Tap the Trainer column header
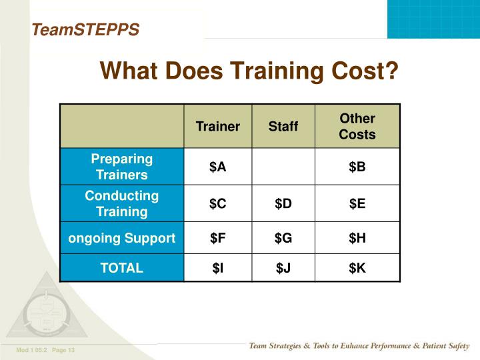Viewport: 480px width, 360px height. pos(218,127)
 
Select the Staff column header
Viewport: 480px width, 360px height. pos(283,127)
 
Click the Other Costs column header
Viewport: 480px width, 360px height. pos(357,127)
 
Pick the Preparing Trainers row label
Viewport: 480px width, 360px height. pos(122,167)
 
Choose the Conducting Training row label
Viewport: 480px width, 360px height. pos(122,204)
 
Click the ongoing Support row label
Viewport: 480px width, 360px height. pos(122,238)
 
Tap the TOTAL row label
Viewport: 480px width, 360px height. pos(122,268)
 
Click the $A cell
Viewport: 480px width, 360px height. pos(218,167)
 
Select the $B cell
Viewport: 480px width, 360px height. pos(357,167)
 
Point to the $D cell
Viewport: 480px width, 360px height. pos(283,204)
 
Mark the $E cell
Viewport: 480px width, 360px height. pos(357,204)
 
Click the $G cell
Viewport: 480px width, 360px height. pos(283,238)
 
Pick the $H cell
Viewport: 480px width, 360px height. pos(357,238)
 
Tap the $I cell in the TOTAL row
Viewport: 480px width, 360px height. pos(218,268)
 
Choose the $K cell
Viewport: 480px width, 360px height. pos(357,268)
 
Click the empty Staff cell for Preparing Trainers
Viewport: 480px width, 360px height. pos(283,167)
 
